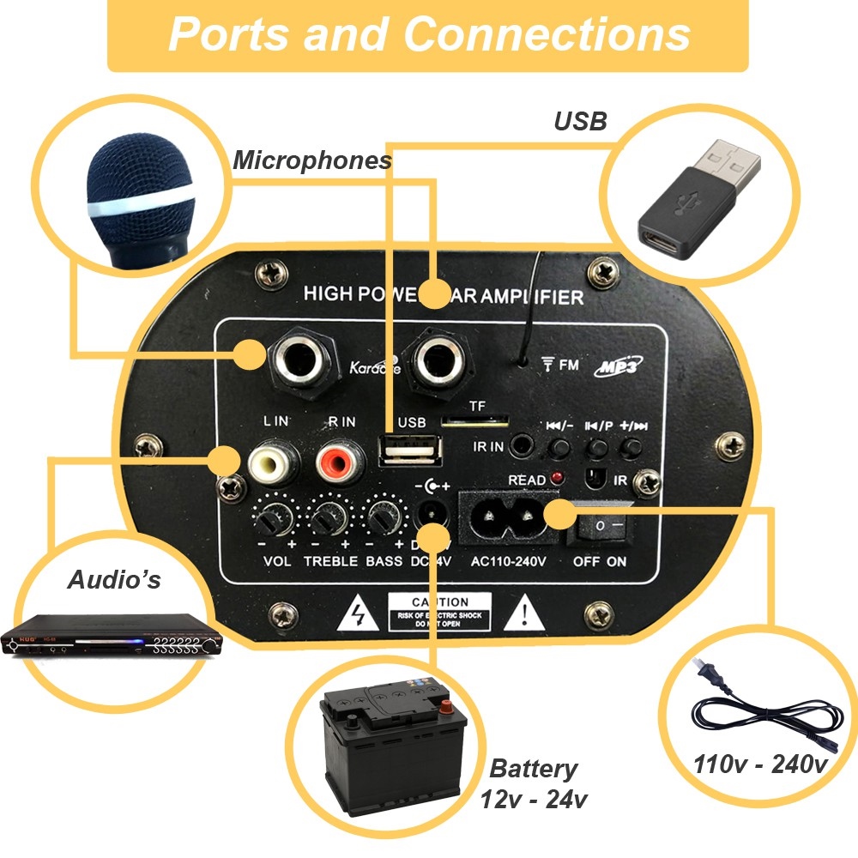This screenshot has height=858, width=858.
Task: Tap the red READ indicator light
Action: (557, 477)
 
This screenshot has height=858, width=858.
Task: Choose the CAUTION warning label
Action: (439, 611)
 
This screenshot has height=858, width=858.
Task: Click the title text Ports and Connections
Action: (429, 34)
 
